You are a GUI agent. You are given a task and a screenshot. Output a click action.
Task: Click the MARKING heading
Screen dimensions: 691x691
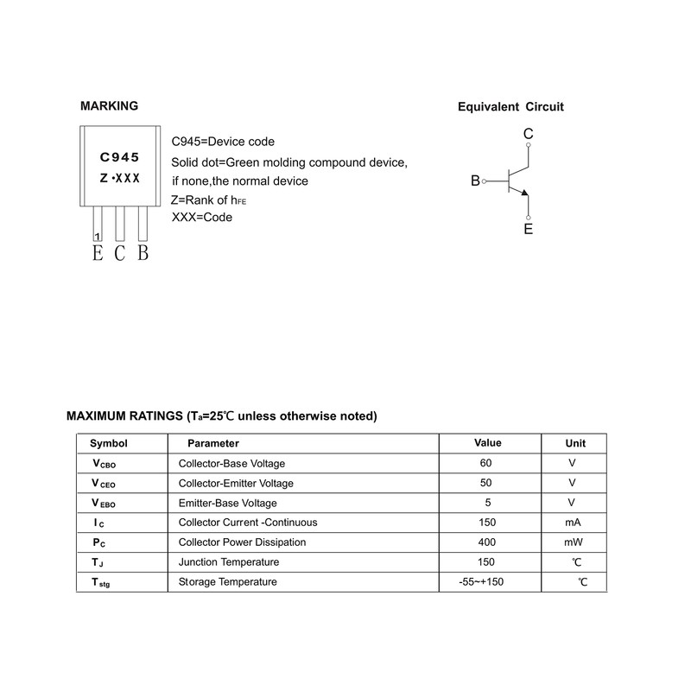(x=109, y=106)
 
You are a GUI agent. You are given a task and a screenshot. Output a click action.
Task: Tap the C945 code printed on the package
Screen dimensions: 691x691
(x=120, y=157)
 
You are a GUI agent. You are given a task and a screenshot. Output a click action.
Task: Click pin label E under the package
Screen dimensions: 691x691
(x=97, y=253)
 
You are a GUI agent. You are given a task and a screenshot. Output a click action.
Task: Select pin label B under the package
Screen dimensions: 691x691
(x=143, y=253)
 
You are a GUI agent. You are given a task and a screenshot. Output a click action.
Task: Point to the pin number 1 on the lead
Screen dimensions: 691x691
(x=97, y=236)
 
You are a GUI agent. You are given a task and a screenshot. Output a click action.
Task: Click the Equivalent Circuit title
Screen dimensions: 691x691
(x=510, y=107)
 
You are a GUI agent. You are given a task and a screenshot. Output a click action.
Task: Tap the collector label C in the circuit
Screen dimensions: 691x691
(x=528, y=134)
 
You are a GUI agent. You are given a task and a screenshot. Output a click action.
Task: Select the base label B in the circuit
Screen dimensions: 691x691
(x=475, y=181)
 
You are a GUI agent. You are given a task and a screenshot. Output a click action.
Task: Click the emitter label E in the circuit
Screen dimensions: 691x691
(x=528, y=230)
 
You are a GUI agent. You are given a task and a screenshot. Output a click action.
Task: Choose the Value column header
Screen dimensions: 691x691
(x=488, y=443)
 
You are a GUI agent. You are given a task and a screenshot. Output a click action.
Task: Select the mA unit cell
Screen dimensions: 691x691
(x=573, y=523)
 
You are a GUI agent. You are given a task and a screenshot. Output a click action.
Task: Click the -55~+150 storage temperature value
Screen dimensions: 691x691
(x=482, y=582)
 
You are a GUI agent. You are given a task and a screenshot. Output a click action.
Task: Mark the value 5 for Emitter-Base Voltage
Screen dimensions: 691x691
(x=486, y=503)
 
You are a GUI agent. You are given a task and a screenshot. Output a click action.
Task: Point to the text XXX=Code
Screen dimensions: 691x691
(x=202, y=218)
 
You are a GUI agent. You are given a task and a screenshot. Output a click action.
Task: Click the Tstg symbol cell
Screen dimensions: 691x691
(x=101, y=583)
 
